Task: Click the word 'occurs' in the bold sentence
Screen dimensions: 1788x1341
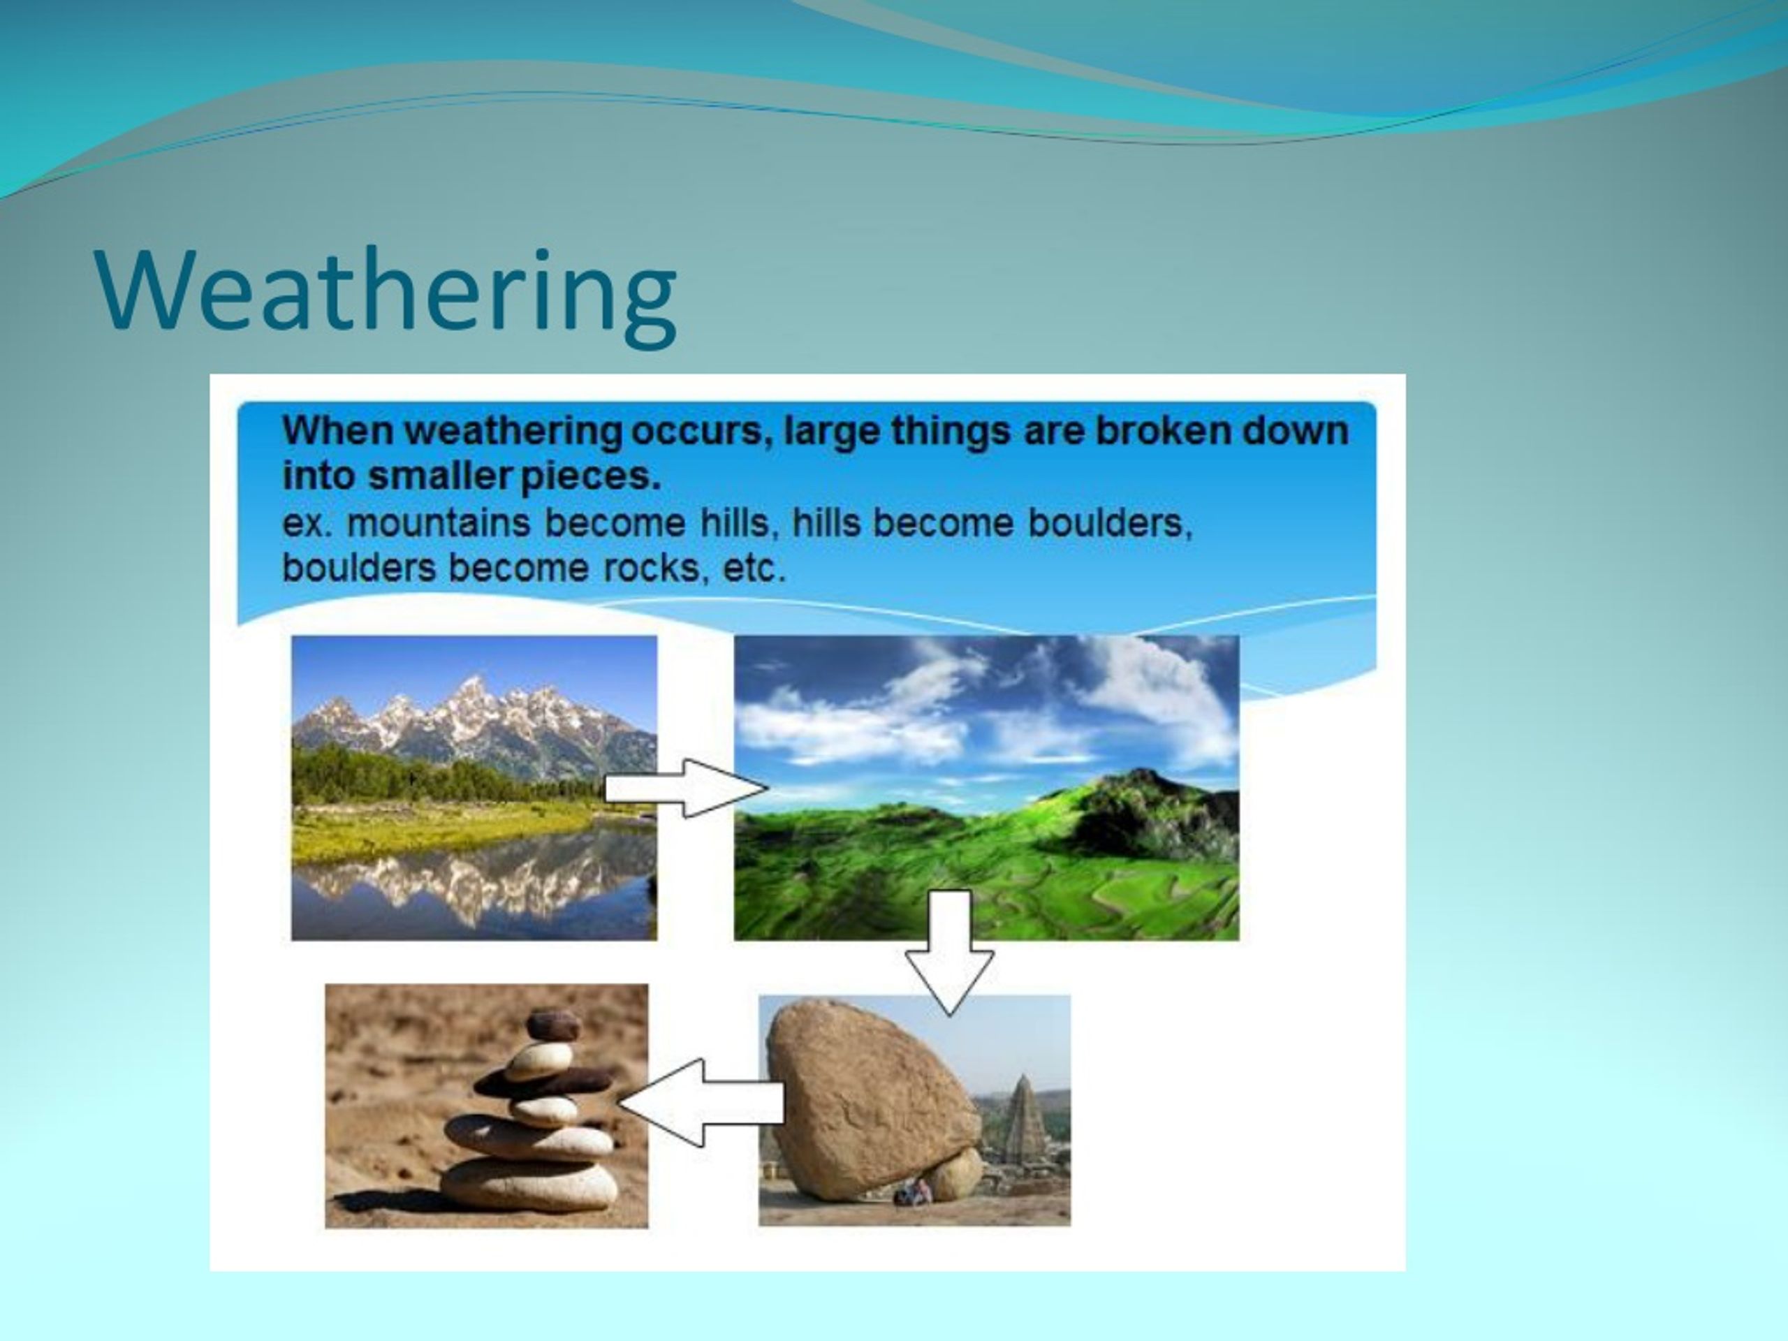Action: [696, 431]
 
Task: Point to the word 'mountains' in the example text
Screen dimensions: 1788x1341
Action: [438, 523]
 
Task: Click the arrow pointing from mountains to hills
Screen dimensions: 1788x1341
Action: [685, 788]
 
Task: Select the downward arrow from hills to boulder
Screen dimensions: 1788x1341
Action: [949, 952]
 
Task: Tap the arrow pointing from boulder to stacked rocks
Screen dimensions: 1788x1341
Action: [701, 1104]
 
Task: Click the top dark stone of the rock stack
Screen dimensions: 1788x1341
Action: [553, 1025]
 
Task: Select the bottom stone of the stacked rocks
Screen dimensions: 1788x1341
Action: [529, 1185]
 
